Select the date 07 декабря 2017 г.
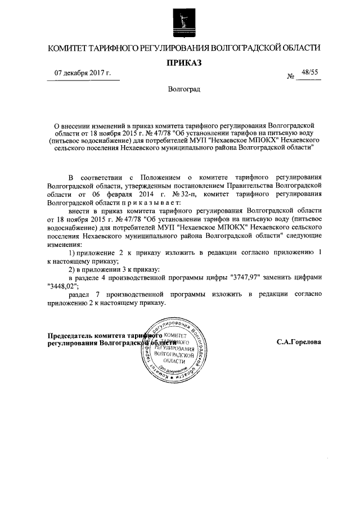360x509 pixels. [83, 74]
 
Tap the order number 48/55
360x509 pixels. [309, 73]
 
